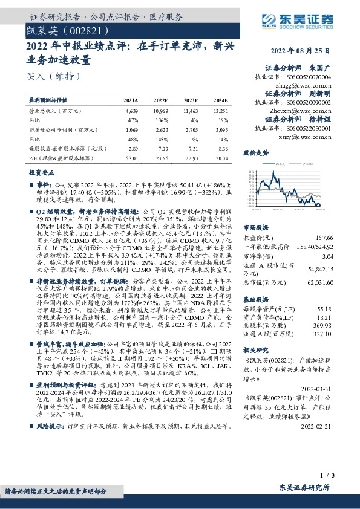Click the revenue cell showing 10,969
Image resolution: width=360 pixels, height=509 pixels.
click(161, 112)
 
